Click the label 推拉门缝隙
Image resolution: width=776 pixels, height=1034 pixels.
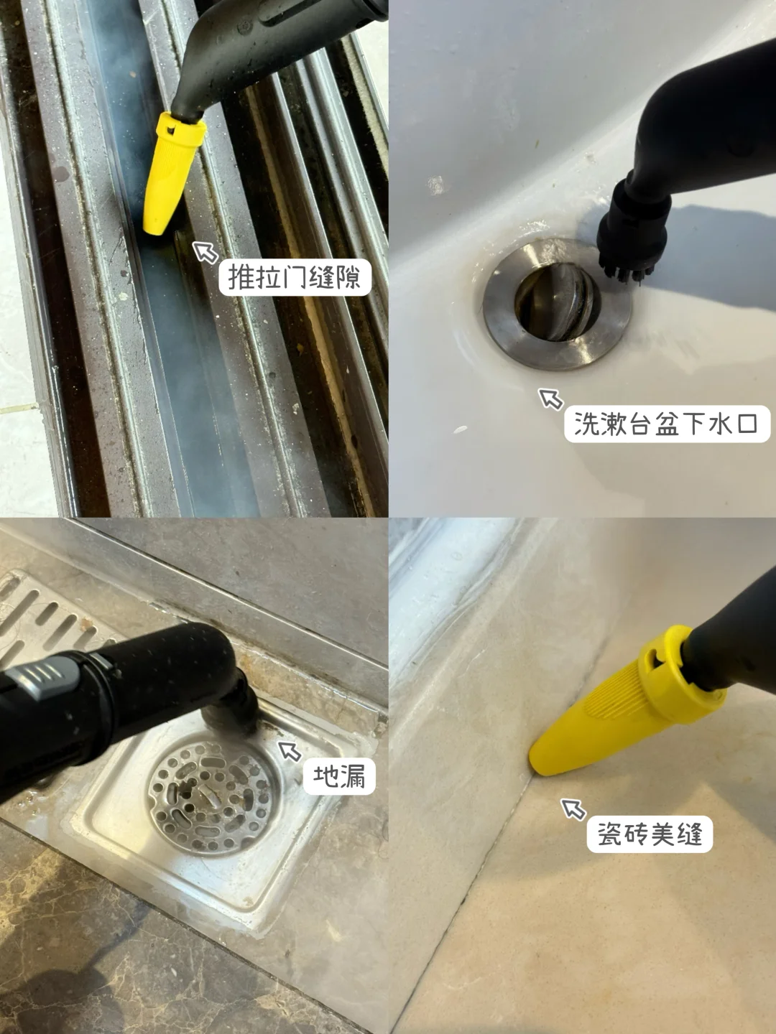click(x=295, y=277)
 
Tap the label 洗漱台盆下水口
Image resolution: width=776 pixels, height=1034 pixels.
click(x=667, y=424)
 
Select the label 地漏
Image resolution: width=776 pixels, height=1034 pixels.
click(x=338, y=776)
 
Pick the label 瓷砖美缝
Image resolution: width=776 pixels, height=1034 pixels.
click(x=650, y=834)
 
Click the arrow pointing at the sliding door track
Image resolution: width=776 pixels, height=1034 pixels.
click(x=205, y=252)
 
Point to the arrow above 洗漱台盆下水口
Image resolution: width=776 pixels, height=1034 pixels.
click(x=551, y=399)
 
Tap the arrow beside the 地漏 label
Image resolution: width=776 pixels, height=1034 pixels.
click(x=290, y=751)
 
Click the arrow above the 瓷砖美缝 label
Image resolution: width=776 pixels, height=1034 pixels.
click(x=573, y=809)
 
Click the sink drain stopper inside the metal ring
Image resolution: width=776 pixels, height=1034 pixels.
click(x=557, y=301)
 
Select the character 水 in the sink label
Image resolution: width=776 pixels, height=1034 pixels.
click(x=719, y=424)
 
